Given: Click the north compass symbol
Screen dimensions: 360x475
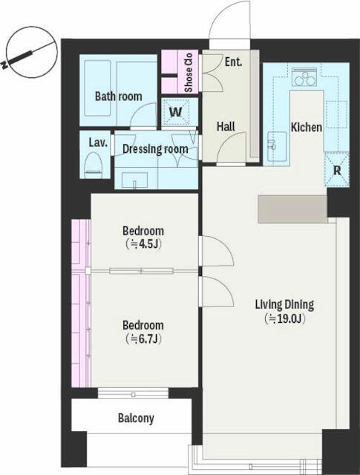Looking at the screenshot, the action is point(31,52).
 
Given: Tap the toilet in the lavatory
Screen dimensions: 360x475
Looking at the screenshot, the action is point(93,165).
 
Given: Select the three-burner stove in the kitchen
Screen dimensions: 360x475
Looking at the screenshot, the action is point(304,77).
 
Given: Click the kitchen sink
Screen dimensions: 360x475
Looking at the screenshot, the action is point(277,146).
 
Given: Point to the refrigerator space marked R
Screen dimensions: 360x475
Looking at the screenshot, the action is point(337,170).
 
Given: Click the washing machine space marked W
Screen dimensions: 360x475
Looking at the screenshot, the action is point(176,112).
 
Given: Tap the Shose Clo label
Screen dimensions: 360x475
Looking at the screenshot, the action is point(189,73).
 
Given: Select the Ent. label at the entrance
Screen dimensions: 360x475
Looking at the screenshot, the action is point(233,62).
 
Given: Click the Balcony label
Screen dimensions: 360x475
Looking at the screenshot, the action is point(136,419).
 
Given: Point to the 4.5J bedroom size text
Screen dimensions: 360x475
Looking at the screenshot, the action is point(143,244).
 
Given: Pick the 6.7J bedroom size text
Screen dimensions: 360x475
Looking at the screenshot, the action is point(143,338).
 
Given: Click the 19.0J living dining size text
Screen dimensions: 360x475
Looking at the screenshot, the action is point(284,318).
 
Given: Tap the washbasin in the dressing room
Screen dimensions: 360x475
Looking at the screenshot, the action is point(134,180).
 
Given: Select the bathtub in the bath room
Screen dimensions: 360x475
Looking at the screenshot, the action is point(97,88).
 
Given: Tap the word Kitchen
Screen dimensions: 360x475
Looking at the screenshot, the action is point(307,127).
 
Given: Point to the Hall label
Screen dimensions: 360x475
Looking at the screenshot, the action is point(226,126).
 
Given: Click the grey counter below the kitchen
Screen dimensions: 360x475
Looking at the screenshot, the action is point(292,209).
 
